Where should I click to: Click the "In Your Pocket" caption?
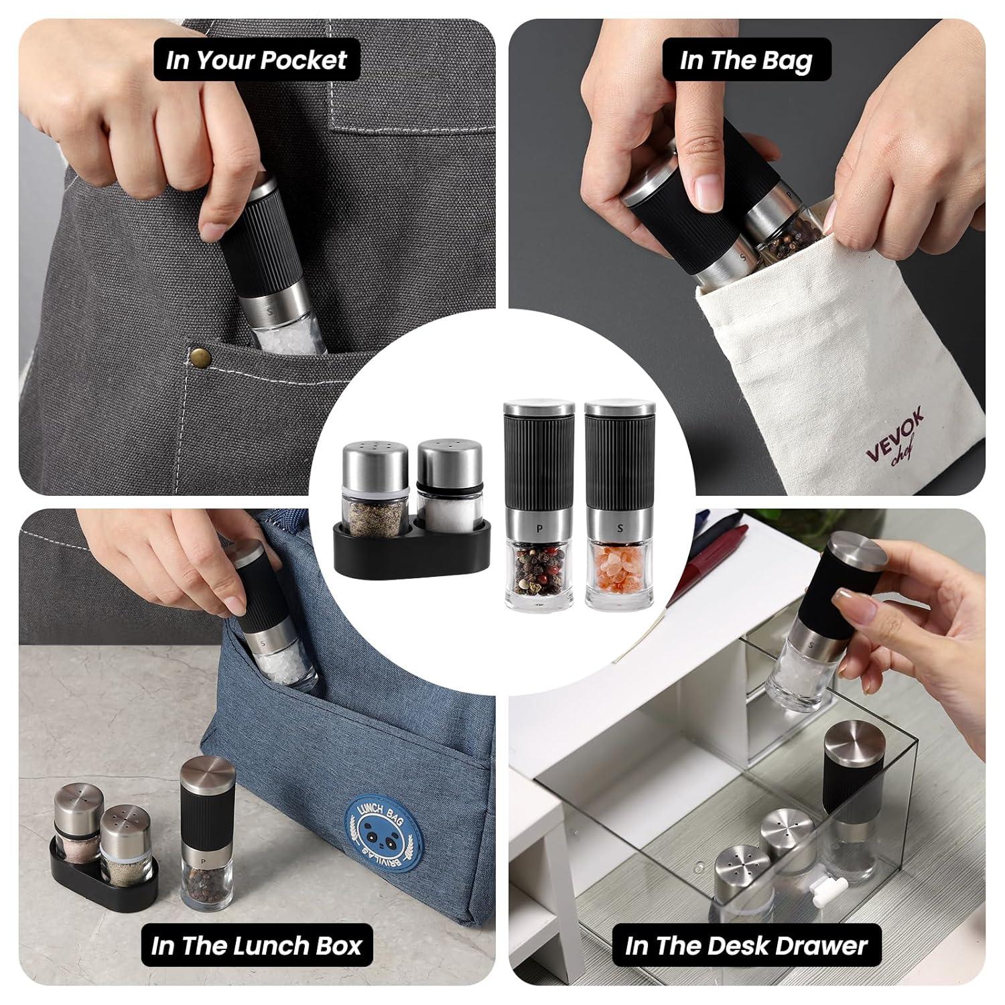257,60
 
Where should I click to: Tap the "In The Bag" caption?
746,60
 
